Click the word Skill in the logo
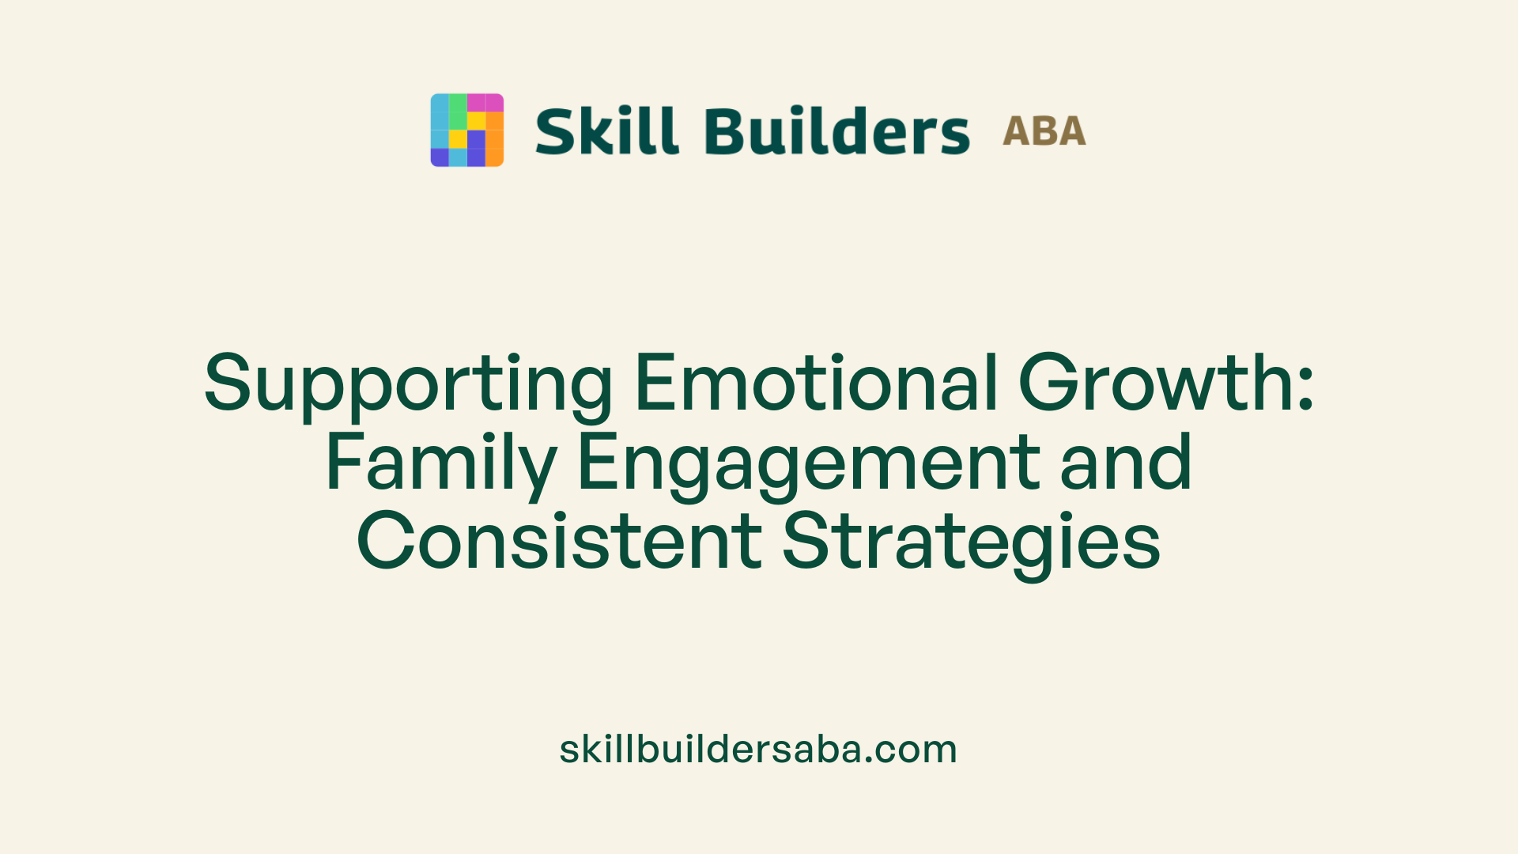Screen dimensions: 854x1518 (606, 130)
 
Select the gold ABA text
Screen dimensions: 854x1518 (1044, 131)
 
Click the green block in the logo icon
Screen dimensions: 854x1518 (458, 111)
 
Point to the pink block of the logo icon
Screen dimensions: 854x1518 (485, 103)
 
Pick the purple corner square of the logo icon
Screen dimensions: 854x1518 (439, 157)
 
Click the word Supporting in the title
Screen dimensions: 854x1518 (408, 384)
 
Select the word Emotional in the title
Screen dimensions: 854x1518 (816, 383)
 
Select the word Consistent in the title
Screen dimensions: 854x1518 (559, 541)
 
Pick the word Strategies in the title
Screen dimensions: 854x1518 (971, 542)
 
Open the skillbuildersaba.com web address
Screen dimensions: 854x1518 (758, 749)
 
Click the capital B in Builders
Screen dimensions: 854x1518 (725, 130)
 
